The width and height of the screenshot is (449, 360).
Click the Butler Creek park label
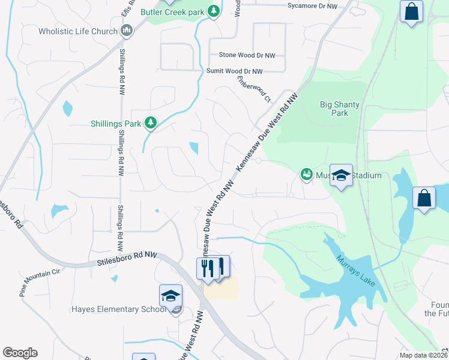(172, 12)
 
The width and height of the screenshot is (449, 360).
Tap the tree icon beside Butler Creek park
(213, 11)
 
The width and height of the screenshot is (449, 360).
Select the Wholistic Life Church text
(77, 31)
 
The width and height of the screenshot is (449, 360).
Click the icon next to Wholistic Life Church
(127, 31)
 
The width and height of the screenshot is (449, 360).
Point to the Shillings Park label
(115, 124)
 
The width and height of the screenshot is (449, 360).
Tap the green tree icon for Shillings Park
(151, 124)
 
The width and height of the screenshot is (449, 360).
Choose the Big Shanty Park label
(340, 109)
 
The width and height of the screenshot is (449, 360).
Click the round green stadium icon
(306, 175)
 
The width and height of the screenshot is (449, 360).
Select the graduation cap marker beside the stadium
(341, 176)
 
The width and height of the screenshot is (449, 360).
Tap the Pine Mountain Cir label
(40, 275)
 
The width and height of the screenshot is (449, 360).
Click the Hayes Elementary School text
(118, 310)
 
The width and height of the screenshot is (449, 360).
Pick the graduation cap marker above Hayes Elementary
(170, 296)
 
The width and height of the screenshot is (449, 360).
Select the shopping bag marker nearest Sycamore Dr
(412, 12)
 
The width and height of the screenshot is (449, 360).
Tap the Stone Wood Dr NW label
(247, 55)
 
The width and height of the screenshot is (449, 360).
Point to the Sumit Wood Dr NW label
(235, 71)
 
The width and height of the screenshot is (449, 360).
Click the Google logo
(20, 353)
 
